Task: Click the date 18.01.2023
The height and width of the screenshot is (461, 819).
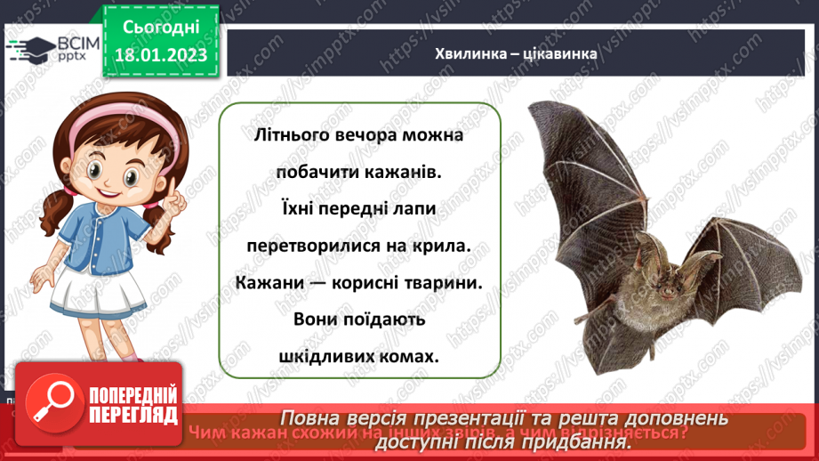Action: click(x=161, y=56)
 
